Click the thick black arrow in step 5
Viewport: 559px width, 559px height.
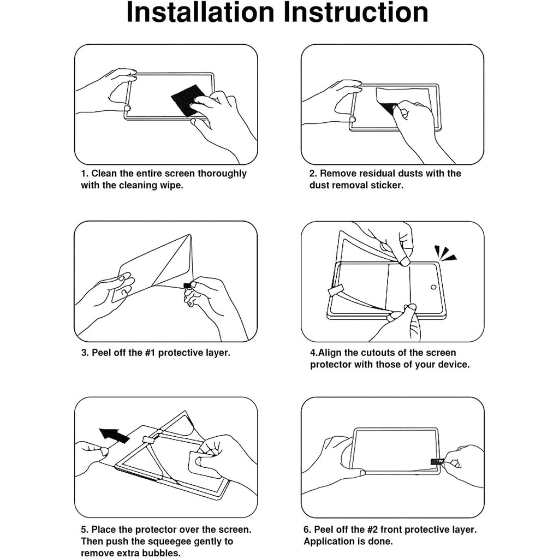tap(114, 435)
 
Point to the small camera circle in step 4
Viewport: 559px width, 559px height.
tap(433, 287)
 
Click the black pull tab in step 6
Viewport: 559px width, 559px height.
tap(436, 462)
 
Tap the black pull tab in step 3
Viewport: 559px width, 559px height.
tap(187, 285)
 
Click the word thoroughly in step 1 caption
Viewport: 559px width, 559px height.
tap(222, 174)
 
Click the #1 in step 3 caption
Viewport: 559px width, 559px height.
tap(150, 353)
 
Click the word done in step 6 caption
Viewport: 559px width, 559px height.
tap(380, 542)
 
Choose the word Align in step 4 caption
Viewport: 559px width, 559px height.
tap(330, 353)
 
